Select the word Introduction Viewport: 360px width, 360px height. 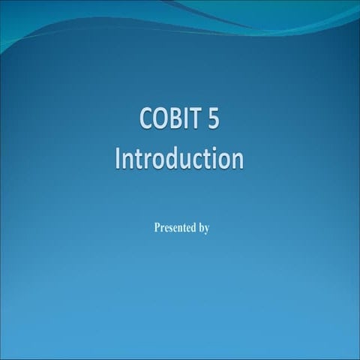coord(180,159)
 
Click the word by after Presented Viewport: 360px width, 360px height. coord(203,227)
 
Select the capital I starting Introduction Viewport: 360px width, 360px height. coord(119,159)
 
